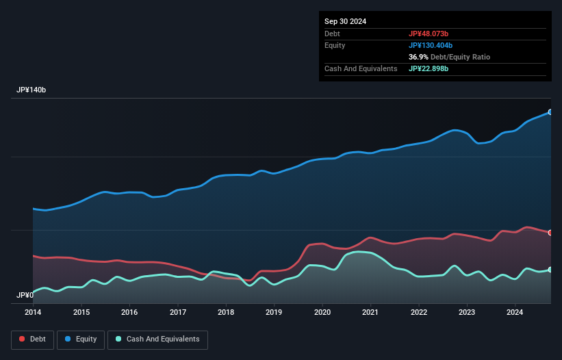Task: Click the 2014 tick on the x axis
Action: point(33,313)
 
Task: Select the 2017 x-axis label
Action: point(177,313)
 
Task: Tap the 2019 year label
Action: point(274,313)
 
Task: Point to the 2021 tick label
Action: point(370,313)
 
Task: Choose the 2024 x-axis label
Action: point(515,313)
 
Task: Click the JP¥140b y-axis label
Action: point(31,90)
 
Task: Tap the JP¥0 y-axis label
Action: point(25,296)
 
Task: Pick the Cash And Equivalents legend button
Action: point(157,339)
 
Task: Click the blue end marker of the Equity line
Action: point(550,112)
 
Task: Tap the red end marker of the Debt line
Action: point(550,233)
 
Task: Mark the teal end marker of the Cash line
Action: point(550,270)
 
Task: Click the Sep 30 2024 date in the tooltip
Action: point(346,21)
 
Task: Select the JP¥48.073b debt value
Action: point(433,34)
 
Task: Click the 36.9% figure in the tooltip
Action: point(419,57)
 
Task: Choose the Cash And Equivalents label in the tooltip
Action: point(361,68)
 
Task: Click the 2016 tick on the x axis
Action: point(129,313)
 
